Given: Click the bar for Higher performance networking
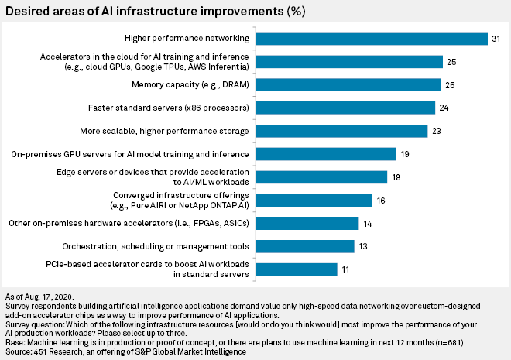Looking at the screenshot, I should pyautogui.click(x=372, y=38).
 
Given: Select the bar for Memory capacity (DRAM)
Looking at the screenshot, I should pyautogui.click(x=348, y=84).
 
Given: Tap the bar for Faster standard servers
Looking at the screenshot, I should pyautogui.click(x=345, y=108).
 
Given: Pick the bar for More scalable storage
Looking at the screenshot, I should pyautogui.click(x=341, y=131).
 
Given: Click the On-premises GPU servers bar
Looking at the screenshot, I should pyautogui.click(x=326, y=154).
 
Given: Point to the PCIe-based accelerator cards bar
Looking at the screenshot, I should pyautogui.click(x=297, y=269).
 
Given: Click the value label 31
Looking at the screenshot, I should pyautogui.click(x=496, y=38).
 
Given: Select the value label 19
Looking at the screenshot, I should pyautogui.click(x=405, y=154).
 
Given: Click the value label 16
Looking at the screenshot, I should pyautogui.click(x=380, y=201).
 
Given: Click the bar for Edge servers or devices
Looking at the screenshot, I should pyautogui.click(x=321, y=177).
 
